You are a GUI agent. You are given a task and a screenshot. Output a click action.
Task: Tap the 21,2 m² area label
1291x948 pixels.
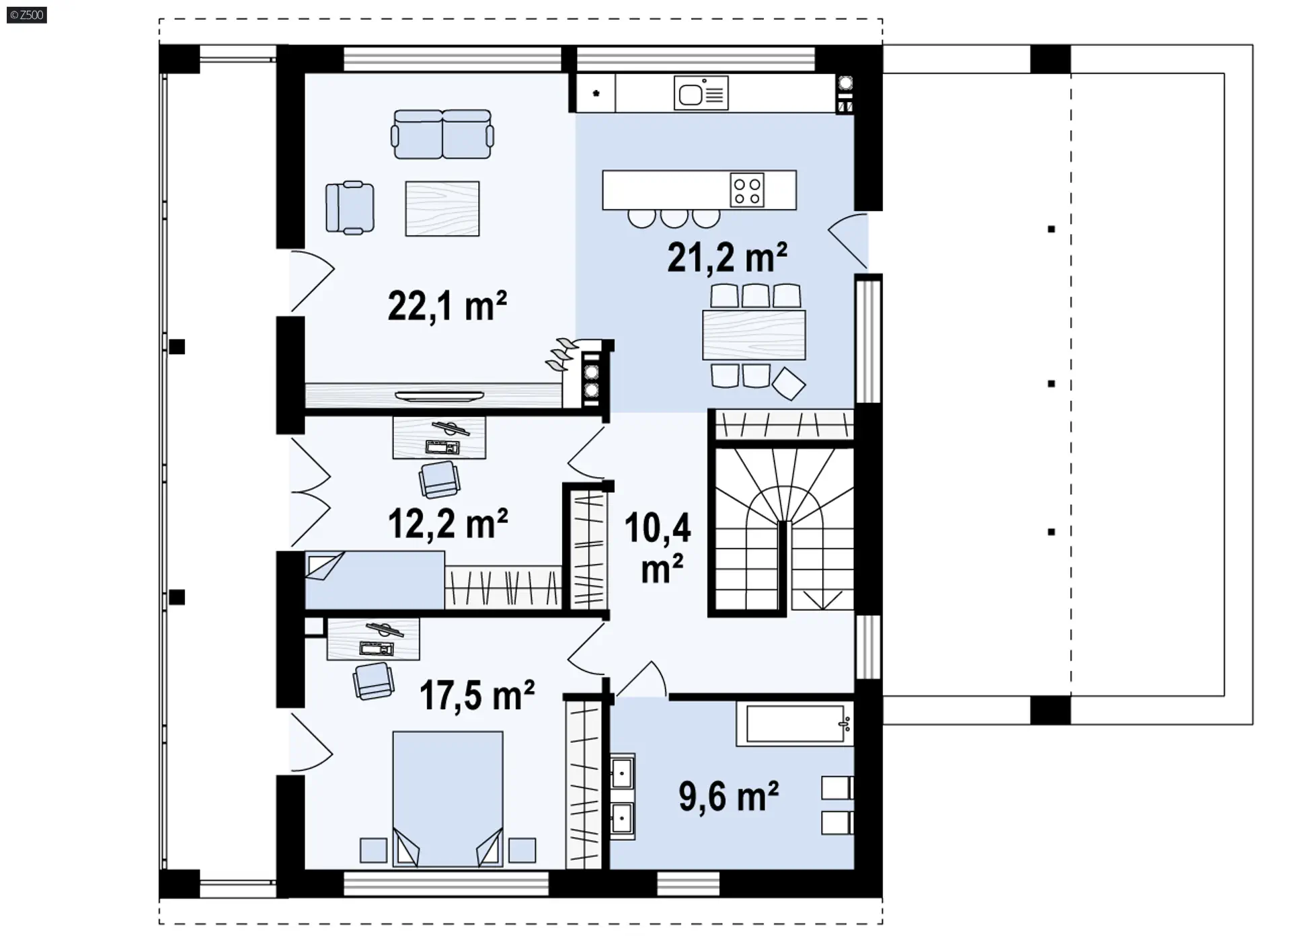[x=727, y=257]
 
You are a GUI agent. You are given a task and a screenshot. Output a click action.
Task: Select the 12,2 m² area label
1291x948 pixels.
[x=448, y=523]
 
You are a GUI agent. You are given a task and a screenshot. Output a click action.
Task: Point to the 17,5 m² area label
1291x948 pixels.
[x=477, y=695]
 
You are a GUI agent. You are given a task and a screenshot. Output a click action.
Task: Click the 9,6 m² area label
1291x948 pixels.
[x=728, y=797]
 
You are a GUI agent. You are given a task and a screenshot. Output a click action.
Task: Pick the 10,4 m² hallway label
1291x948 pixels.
[x=658, y=547]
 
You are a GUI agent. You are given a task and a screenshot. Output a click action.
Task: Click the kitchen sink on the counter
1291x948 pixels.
[x=701, y=93]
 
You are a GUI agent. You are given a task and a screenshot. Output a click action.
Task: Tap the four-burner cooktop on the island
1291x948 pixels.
[x=747, y=190]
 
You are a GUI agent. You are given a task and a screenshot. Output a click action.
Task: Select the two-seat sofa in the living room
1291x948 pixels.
[x=442, y=134]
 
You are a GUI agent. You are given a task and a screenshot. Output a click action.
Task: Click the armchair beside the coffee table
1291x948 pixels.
[x=350, y=208]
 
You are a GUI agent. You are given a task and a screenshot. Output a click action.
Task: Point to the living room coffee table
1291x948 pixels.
[x=442, y=208]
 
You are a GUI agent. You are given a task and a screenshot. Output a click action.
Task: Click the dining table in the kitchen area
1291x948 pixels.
[x=754, y=335]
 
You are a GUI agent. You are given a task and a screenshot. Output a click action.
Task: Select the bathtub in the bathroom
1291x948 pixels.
[x=795, y=724]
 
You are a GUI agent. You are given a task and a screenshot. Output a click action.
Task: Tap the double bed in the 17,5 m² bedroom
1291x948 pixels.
[x=448, y=799]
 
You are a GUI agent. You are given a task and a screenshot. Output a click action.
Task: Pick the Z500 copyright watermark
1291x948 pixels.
[x=27, y=15]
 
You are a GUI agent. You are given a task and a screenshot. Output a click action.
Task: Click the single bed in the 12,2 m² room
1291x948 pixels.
[x=375, y=580]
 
